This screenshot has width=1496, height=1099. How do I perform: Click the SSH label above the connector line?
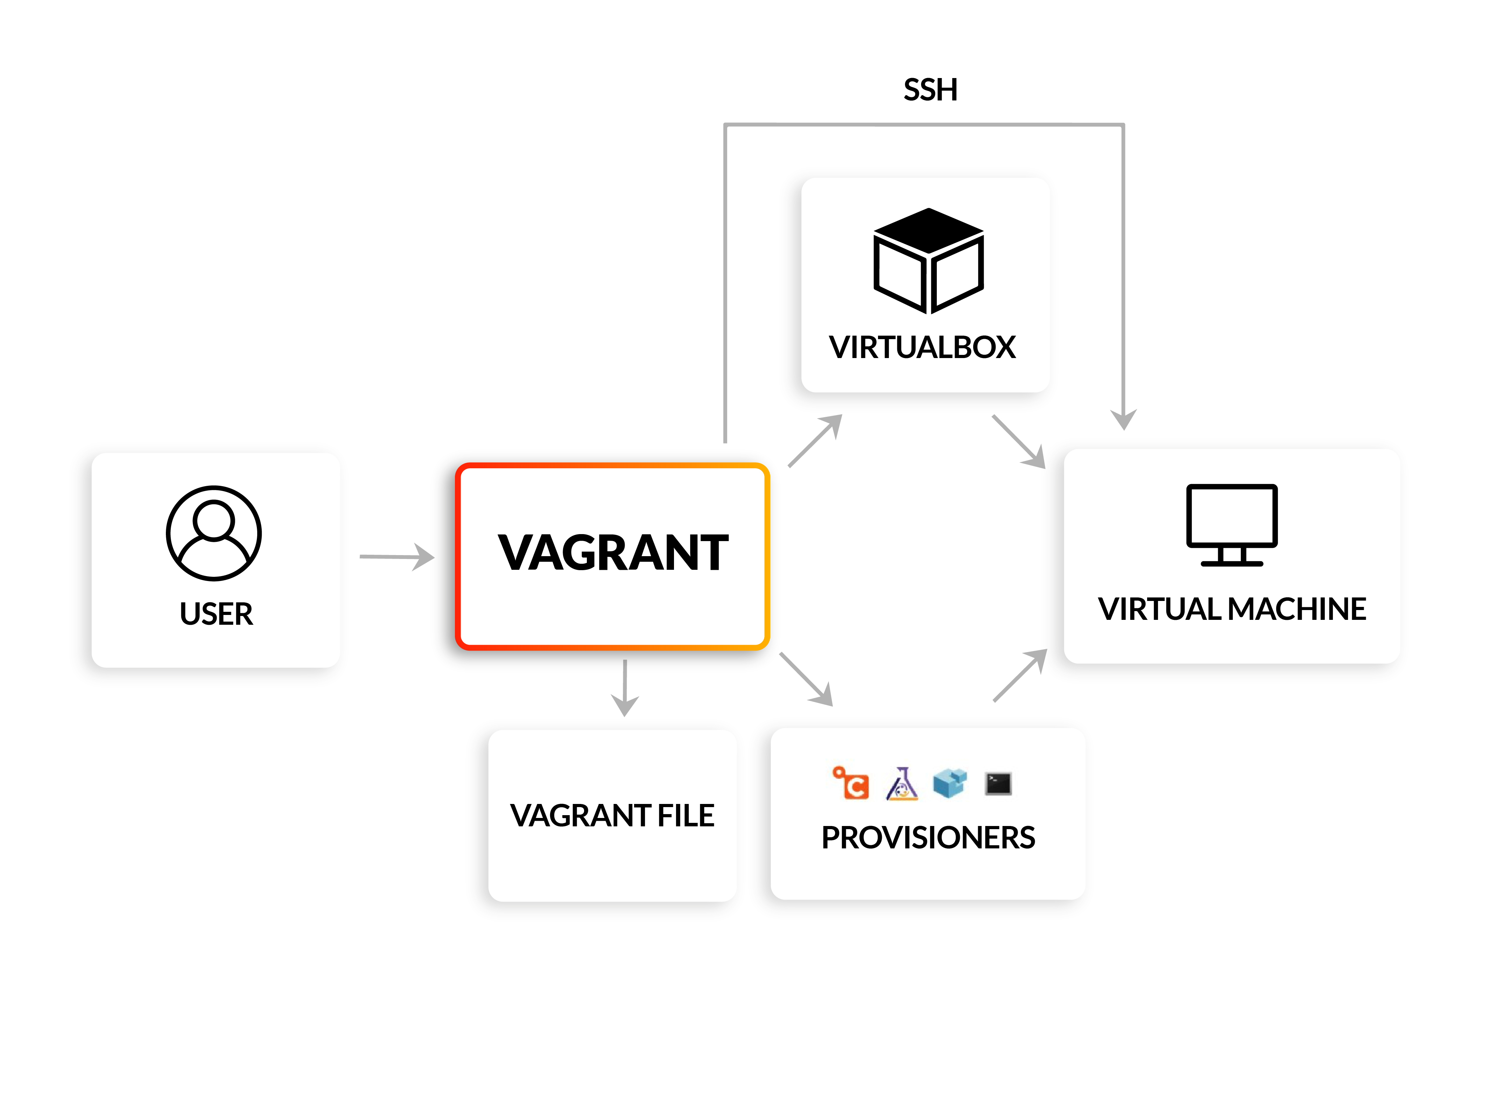[x=930, y=90]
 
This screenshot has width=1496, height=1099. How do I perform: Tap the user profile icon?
[x=213, y=533]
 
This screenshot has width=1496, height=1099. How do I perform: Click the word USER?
[x=216, y=613]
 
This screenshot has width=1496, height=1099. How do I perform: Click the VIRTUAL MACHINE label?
[x=1231, y=609]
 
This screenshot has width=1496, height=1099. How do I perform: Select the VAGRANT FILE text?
[x=612, y=815]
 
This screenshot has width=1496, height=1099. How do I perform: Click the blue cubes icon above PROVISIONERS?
[x=949, y=783]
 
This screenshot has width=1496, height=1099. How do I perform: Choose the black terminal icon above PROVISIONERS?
[x=998, y=784]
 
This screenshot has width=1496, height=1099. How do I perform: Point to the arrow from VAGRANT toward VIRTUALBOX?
[x=815, y=440]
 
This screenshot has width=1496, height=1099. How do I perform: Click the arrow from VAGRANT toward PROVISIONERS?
[x=806, y=679]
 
